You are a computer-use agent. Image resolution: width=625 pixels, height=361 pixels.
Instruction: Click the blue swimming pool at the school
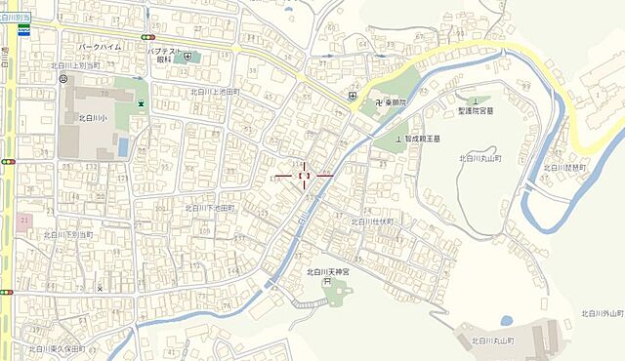click(x=122, y=146)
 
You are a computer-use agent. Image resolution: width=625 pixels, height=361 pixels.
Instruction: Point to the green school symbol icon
click(x=143, y=102)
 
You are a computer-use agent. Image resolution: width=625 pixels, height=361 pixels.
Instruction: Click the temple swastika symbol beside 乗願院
click(x=374, y=100)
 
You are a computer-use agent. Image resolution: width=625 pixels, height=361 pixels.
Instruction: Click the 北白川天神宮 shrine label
click(x=327, y=272)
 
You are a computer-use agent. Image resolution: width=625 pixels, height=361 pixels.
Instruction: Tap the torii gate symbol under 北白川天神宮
click(x=327, y=283)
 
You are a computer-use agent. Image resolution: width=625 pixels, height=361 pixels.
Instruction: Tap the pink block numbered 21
click(x=24, y=221)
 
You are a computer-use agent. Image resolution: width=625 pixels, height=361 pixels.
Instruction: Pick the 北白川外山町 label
click(x=602, y=313)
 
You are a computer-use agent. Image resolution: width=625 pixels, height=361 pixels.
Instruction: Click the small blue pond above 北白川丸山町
click(x=506, y=320)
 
